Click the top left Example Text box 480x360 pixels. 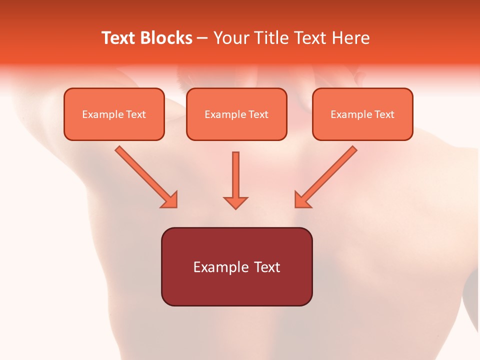(114, 114)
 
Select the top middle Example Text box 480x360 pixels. (236, 114)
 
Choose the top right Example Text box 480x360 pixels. (362, 114)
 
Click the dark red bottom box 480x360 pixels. (236, 267)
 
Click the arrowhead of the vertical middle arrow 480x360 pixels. (235, 202)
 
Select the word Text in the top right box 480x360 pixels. (384, 114)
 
